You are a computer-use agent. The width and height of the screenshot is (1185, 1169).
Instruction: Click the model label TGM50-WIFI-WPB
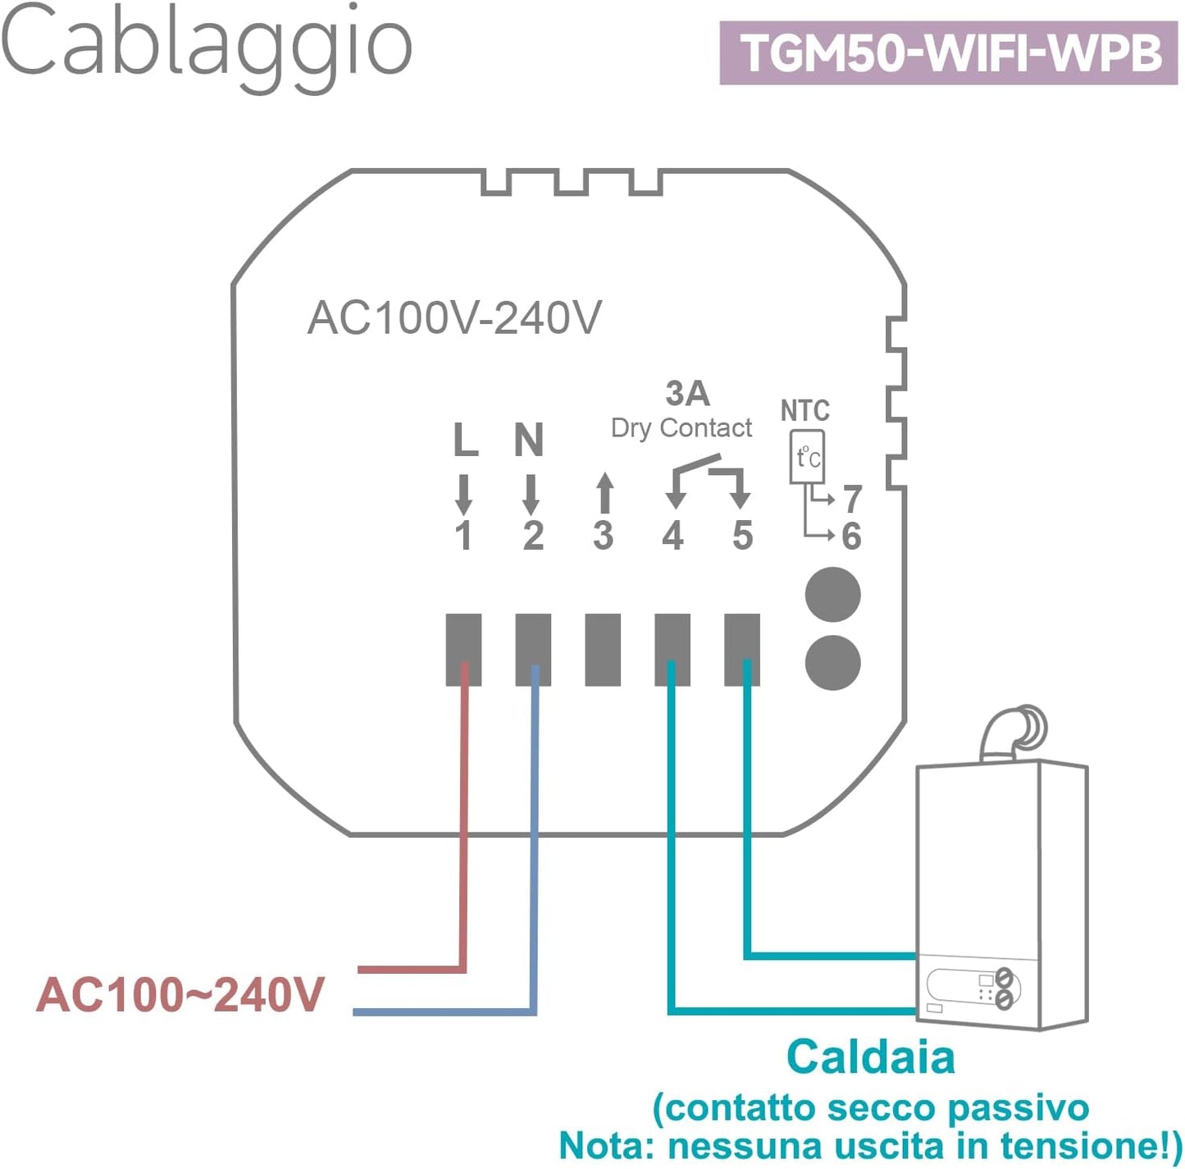click(x=949, y=53)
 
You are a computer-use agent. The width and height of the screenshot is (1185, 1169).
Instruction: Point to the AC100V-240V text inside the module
click(x=454, y=318)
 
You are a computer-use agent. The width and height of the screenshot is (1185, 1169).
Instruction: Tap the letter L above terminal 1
click(x=465, y=441)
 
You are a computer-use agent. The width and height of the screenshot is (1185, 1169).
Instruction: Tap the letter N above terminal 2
click(x=529, y=441)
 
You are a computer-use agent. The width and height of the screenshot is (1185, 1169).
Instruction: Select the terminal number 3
click(x=604, y=536)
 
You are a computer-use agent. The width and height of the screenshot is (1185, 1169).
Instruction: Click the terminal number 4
click(x=673, y=536)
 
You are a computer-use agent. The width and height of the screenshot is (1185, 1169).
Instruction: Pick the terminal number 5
click(x=743, y=536)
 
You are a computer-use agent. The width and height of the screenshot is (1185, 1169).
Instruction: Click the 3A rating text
click(x=687, y=394)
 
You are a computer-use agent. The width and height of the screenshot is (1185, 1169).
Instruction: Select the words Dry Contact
click(x=681, y=428)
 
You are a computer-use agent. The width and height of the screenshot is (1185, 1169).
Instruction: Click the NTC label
click(x=804, y=410)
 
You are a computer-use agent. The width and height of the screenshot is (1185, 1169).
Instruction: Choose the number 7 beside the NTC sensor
click(x=853, y=499)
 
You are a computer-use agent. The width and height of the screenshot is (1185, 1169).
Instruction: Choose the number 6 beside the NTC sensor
click(x=852, y=537)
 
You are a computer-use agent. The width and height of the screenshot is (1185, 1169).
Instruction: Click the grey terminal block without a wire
click(x=603, y=649)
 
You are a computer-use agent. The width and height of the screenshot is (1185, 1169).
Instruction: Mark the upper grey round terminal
click(x=833, y=595)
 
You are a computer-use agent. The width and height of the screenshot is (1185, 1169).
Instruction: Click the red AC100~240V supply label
click(x=180, y=995)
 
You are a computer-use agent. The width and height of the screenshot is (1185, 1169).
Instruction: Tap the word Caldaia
click(x=870, y=1057)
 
